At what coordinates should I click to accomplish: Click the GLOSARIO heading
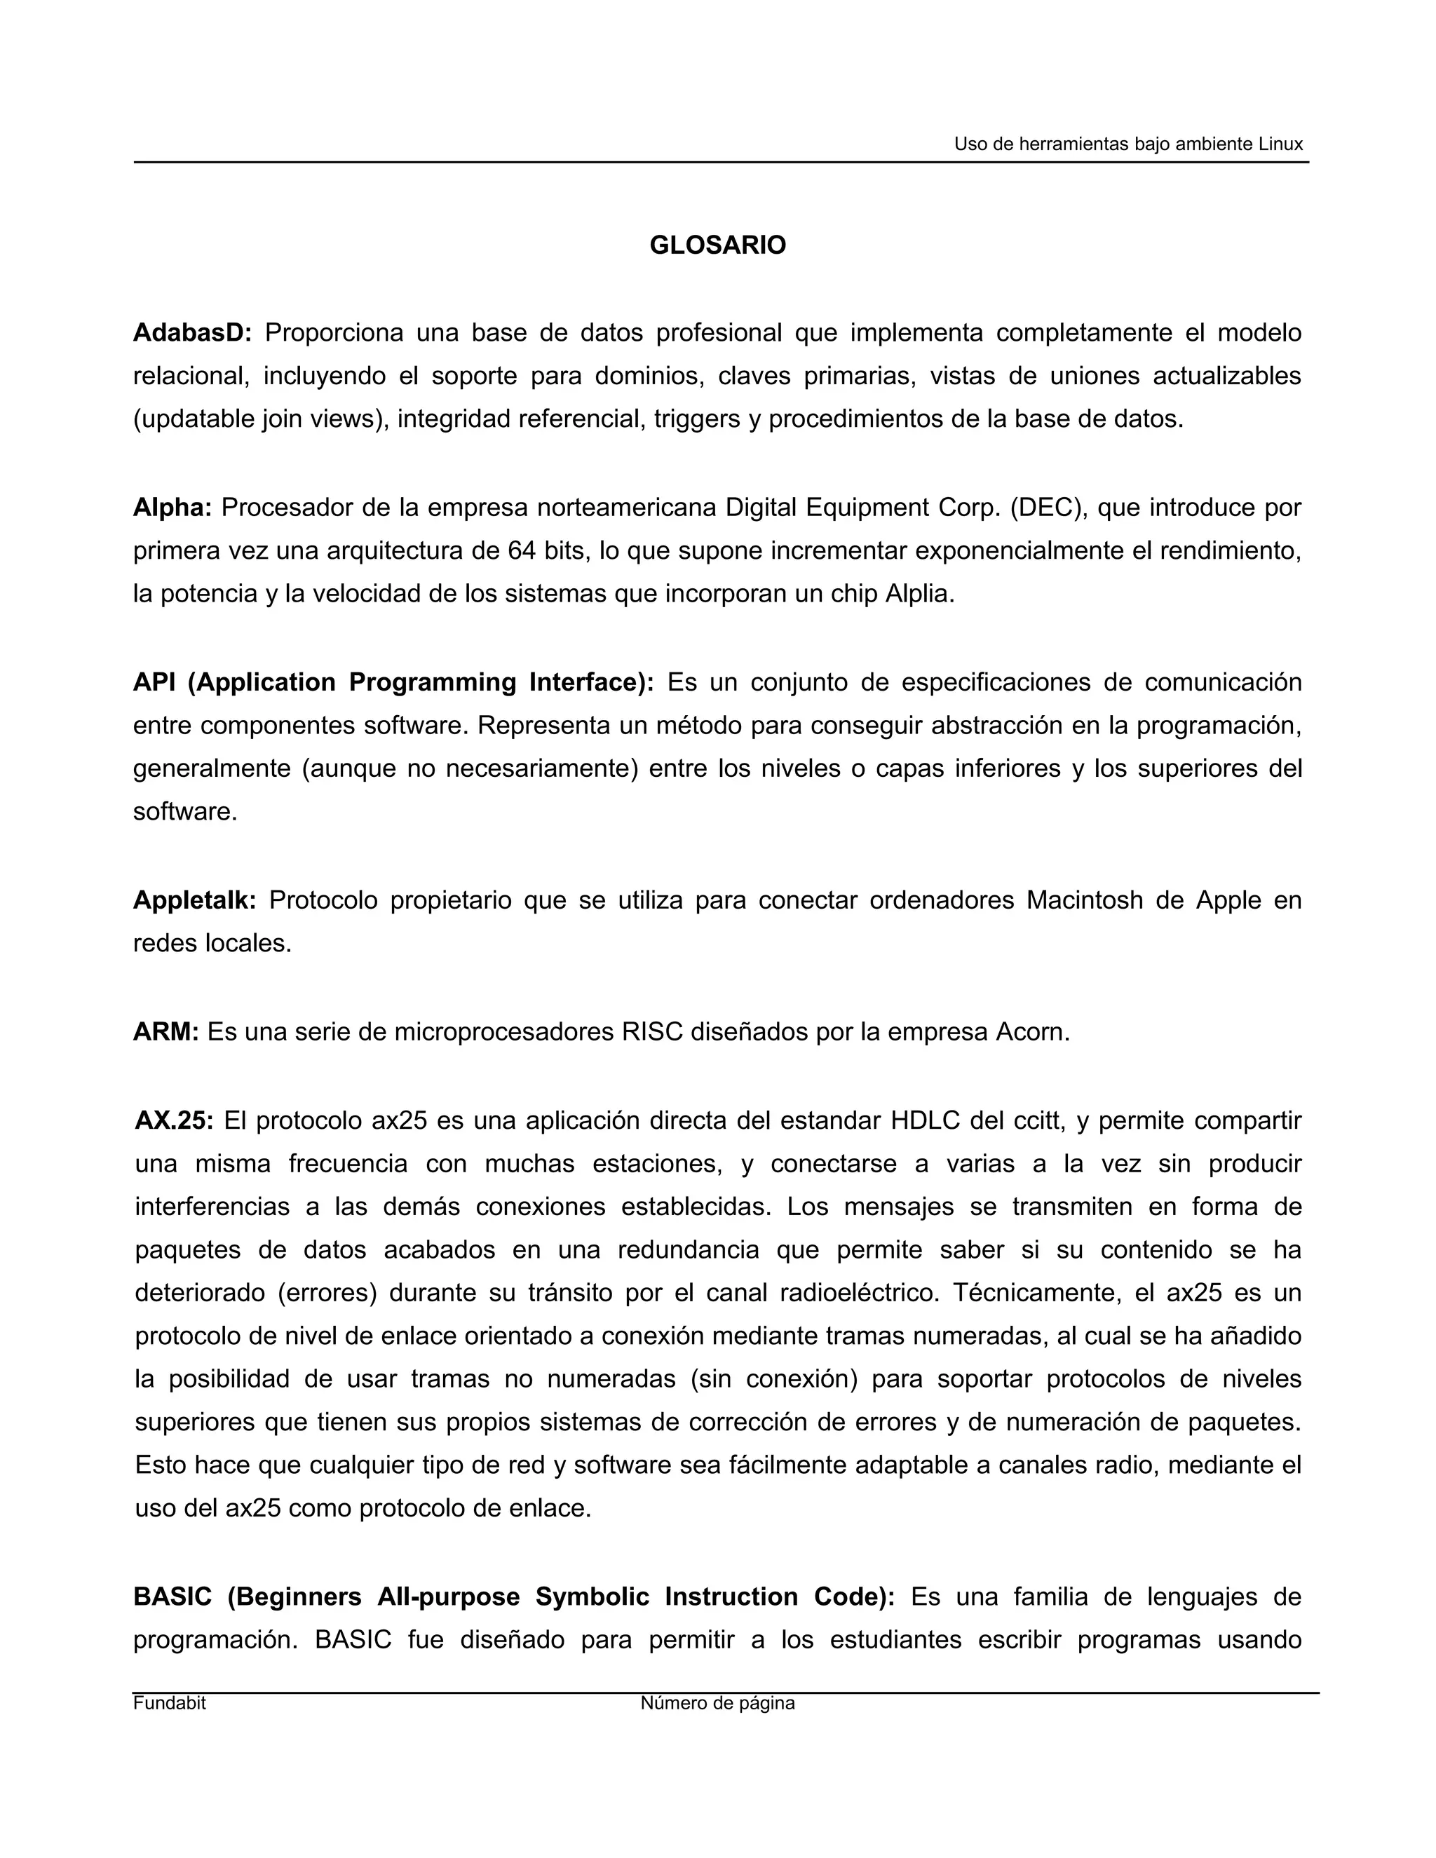point(717,245)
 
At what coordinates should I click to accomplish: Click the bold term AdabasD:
point(192,332)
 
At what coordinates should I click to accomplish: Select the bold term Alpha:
point(172,508)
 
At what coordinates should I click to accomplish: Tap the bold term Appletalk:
point(194,900)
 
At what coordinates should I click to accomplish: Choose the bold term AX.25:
point(175,1120)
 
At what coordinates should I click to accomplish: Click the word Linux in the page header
point(1280,144)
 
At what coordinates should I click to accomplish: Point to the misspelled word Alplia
point(920,594)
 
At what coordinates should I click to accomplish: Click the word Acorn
point(1032,1032)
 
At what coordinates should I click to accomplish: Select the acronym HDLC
point(924,1120)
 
